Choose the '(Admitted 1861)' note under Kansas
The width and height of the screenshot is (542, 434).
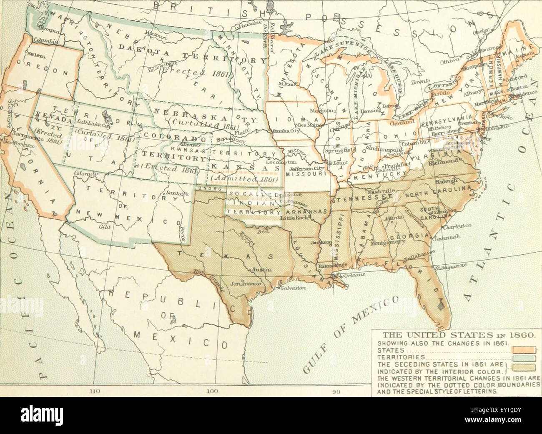tap(244, 179)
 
